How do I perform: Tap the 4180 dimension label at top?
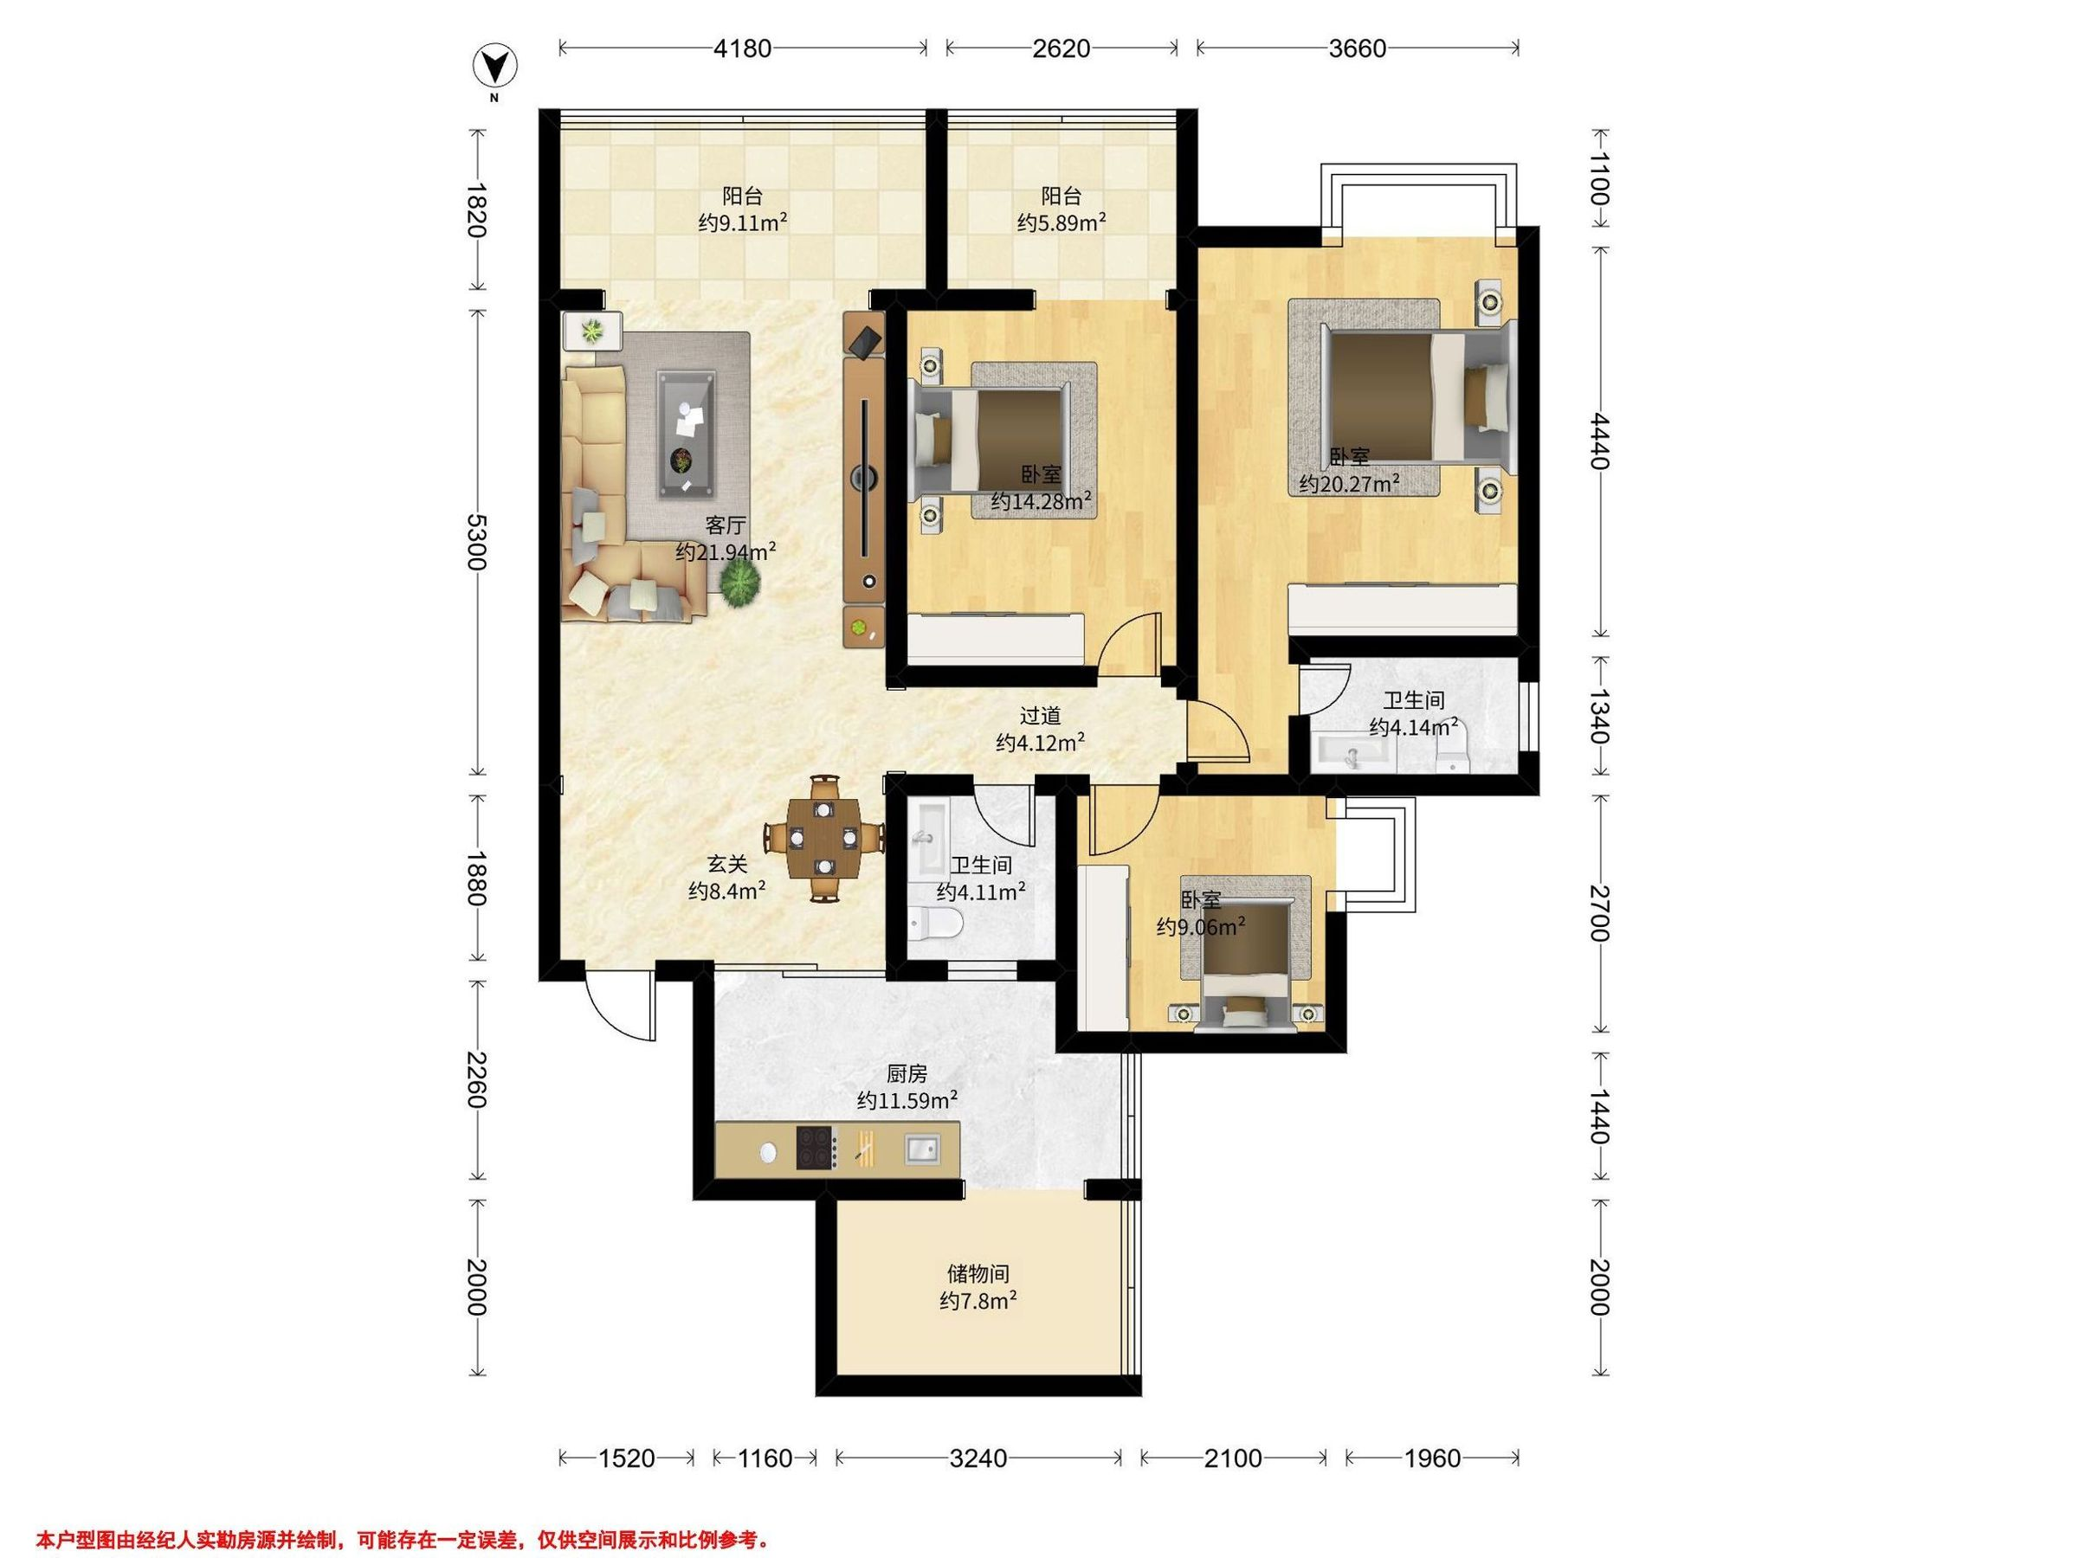coord(742,48)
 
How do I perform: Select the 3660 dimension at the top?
coord(1358,48)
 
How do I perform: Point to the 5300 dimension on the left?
coord(477,542)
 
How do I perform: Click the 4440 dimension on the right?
coord(1601,441)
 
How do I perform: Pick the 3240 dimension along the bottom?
coord(978,1458)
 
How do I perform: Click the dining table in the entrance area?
coord(824,837)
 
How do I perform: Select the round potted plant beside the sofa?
coord(739,585)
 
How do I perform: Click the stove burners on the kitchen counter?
coord(816,1148)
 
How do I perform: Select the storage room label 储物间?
coord(978,1273)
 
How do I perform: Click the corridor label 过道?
coord(1040,716)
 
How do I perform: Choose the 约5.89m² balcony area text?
coord(1061,222)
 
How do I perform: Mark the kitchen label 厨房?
coord(906,1073)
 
